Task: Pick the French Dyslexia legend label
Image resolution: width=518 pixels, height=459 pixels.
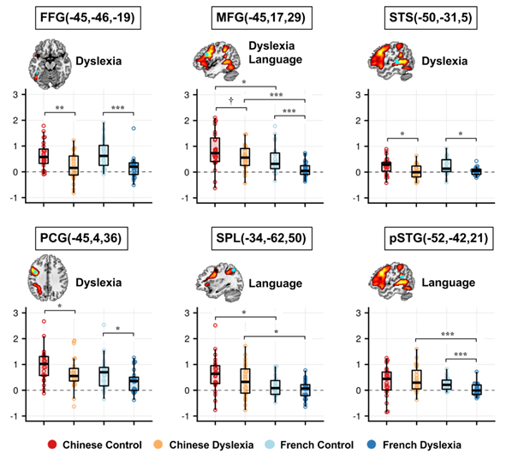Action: (452, 444)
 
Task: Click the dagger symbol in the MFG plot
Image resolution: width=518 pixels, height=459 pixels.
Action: (231, 100)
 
